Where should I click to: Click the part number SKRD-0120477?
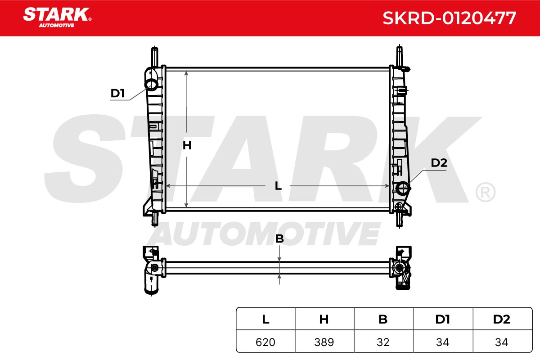point(450,18)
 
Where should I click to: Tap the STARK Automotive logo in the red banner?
point(57,18)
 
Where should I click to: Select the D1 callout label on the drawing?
point(117,93)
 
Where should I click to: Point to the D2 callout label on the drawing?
point(439,163)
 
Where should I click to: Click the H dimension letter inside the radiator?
point(187,145)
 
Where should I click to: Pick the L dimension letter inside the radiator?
point(278,186)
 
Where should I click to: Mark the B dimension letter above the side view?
point(279,238)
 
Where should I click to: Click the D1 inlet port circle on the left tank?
point(151,85)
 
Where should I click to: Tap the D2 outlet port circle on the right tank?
point(403,188)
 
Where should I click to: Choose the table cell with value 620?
point(265,342)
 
